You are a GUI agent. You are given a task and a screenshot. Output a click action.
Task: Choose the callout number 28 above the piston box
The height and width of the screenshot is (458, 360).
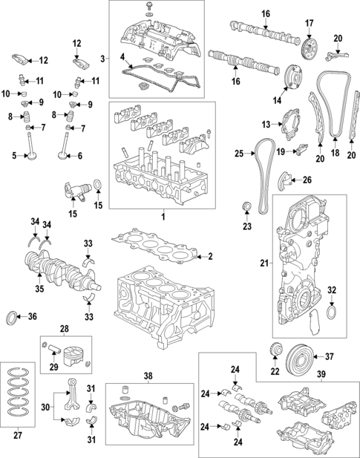tap(64, 327)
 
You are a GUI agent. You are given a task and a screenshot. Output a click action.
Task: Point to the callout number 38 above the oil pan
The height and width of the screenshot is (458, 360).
tap(148, 376)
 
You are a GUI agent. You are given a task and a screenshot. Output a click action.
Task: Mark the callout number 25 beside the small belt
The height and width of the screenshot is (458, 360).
tap(239, 154)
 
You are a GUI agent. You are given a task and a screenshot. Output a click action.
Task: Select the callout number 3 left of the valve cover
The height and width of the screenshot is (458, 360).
tap(103, 57)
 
